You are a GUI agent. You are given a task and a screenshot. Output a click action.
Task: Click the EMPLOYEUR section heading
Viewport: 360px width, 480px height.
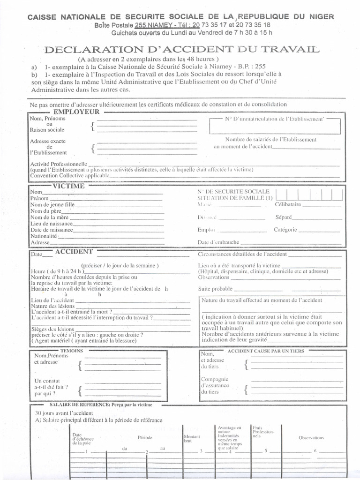point(76,112)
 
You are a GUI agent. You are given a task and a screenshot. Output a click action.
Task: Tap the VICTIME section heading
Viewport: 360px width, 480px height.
point(69,186)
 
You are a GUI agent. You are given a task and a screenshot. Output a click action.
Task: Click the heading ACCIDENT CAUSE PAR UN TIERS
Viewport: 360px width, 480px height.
point(265,351)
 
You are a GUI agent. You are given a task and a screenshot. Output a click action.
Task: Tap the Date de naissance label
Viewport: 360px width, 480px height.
point(52,230)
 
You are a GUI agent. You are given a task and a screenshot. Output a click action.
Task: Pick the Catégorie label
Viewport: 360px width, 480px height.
point(285,230)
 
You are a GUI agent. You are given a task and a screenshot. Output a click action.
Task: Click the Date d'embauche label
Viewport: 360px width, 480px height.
point(218,242)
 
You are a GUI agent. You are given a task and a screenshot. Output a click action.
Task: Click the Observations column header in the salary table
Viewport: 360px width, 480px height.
point(311,438)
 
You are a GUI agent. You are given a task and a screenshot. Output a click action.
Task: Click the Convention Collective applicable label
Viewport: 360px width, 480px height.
point(70,175)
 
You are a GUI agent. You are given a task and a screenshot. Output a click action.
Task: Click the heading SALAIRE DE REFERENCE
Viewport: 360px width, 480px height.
point(101,404)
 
